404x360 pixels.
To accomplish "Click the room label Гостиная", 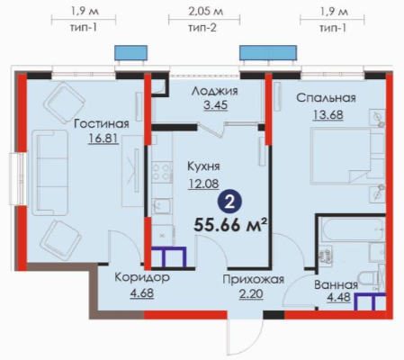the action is (x=102, y=123).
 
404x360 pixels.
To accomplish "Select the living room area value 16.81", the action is (x=103, y=139).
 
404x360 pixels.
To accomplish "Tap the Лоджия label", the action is (x=215, y=91).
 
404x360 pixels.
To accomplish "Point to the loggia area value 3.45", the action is (x=216, y=105).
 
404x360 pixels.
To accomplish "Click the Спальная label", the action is (x=326, y=98).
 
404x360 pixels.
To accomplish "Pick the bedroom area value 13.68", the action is (x=328, y=114).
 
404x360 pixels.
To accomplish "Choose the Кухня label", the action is (x=203, y=166).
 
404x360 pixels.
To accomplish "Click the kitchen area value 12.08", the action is (x=203, y=184).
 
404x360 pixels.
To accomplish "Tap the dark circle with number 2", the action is (x=229, y=203).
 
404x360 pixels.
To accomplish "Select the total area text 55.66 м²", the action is (x=230, y=225).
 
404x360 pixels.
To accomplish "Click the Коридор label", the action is (x=142, y=277).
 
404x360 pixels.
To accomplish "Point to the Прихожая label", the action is (x=253, y=280).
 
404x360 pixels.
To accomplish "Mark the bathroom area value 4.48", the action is (x=338, y=298).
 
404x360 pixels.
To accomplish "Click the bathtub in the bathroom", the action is (x=353, y=229).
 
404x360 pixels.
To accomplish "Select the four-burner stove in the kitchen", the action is (x=162, y=172).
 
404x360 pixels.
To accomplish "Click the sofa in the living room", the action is (x=49, y=173).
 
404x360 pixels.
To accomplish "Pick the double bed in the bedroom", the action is (x=347, y=155).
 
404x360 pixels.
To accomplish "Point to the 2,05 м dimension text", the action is (x=205, y=12).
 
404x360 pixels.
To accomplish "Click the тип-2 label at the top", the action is (x=202, y=28).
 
